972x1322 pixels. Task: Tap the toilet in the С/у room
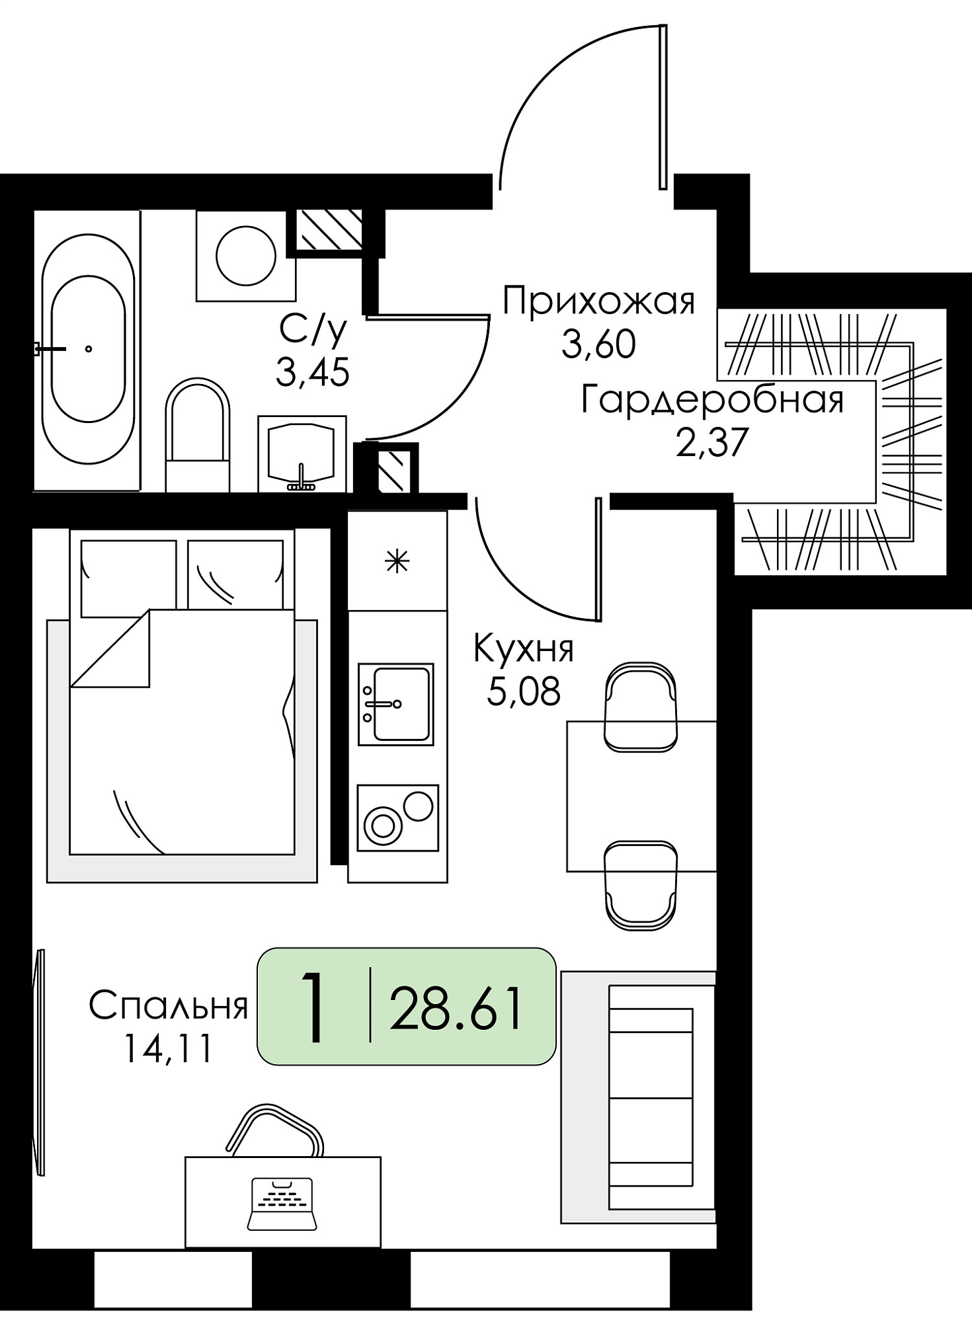tap(197, 434)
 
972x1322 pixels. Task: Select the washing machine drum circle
tap(246, 256)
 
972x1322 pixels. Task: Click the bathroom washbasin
tap(302, 453)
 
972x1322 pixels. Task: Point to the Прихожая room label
tap(598, 301)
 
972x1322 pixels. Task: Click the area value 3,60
tap(598, 344)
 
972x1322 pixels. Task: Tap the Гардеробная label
tap(712, 400)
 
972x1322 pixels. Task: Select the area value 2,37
tap(712, 442)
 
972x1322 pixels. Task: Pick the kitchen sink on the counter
tap(396, 704)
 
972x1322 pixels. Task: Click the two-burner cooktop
tap(397, 818)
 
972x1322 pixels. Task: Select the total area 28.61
tap(456, 1009)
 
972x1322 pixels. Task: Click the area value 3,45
tap(312, 373)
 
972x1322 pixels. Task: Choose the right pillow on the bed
tap(236, 574)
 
